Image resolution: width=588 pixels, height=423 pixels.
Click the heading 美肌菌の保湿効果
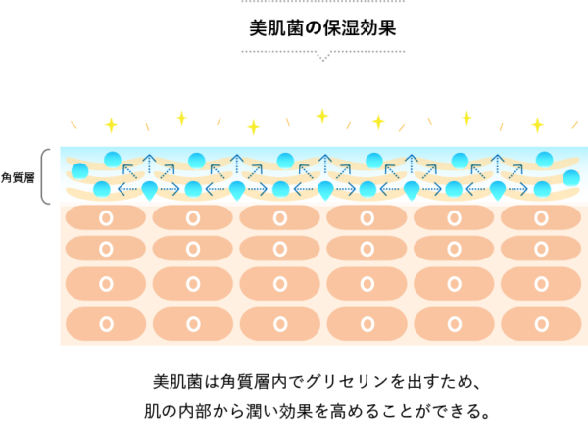(x=322, y=27)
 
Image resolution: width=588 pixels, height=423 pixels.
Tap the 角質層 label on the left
(x=18, y=177)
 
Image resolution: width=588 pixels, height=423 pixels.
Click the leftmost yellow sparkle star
(x=111, y=125)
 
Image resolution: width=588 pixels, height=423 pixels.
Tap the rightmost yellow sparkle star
(x=537, y=125)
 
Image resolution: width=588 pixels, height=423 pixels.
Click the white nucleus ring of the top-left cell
(x=106, y=217)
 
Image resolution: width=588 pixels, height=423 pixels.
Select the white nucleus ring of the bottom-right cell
(x=542, y=324)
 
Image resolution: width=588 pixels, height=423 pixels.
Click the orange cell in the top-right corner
(x=541, y=217)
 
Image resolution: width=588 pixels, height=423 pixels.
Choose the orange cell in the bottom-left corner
(x=106, y=324)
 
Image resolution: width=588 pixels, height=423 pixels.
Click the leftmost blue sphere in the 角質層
(x=80, y=170)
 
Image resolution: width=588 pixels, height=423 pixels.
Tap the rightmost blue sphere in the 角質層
(x=571, y=177)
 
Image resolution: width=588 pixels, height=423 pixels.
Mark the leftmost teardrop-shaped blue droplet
(x=149, y=190)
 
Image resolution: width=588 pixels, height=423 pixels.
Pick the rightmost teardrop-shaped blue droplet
(x=498, y=190)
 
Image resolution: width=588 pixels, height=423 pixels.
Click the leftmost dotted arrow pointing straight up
(x=149, y=164)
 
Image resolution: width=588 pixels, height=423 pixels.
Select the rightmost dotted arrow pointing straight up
(x=498, y=164)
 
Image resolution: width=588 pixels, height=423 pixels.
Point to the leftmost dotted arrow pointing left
(x=127, y=189)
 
